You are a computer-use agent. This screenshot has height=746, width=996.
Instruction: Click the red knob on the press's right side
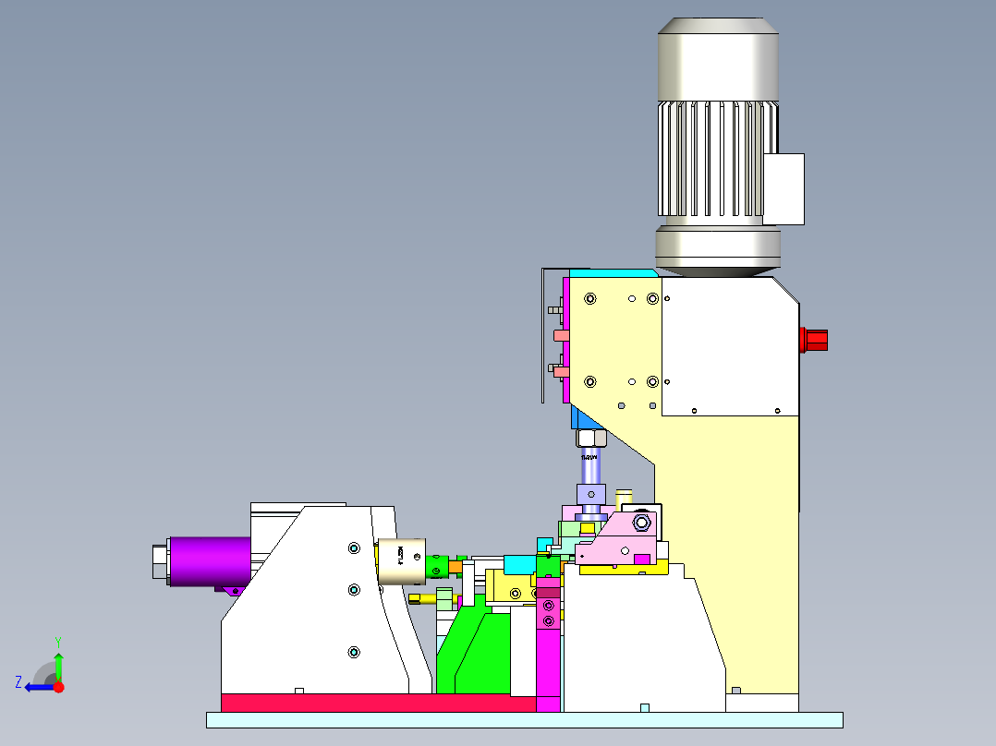pos(814,340)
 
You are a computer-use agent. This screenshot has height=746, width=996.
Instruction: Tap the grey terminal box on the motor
pos(783,188)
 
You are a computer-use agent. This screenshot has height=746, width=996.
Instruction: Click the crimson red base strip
pos(379,703)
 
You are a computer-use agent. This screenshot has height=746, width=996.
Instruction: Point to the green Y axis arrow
pos(58,664)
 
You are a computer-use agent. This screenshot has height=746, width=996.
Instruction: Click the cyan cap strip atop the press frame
pos(610,273)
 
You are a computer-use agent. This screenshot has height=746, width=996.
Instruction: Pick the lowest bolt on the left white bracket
pos(353,653)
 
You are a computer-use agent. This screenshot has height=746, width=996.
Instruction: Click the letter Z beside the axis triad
pos(18,682)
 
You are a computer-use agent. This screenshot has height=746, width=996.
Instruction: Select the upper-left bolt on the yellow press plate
pos(589,299)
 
